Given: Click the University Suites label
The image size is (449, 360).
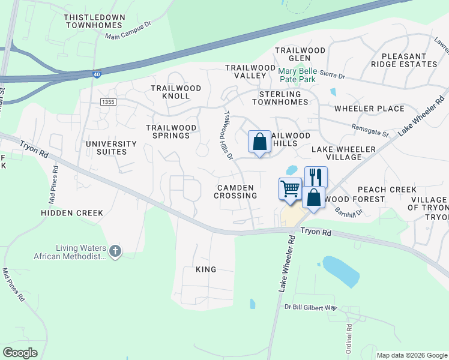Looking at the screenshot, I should [111, 148].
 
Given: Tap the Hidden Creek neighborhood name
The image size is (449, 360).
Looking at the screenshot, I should [72, 213].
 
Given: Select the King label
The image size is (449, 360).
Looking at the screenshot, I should [206, 270].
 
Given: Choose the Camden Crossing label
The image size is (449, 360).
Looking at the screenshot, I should [237, 191].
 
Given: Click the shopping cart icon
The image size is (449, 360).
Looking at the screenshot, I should [290, 188].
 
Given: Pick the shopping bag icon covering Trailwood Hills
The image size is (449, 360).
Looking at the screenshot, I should [259, 142].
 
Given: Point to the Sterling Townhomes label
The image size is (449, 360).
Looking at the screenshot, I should [280, 98].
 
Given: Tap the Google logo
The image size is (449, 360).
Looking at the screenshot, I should [20, 353].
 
